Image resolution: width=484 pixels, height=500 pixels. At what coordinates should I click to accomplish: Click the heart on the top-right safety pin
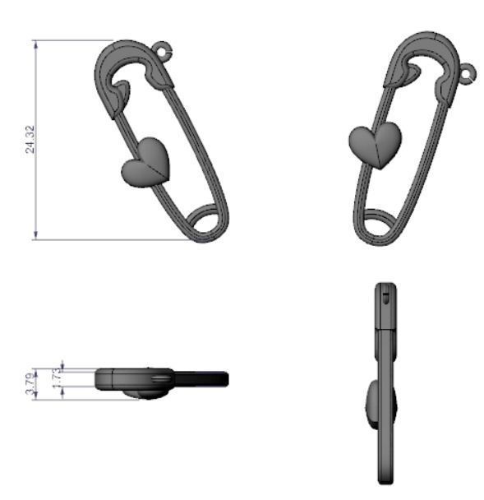pyautogui.click(x=375, y=144)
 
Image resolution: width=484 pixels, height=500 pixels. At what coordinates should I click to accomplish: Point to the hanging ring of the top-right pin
pyautogui.click(x=468, y=74)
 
